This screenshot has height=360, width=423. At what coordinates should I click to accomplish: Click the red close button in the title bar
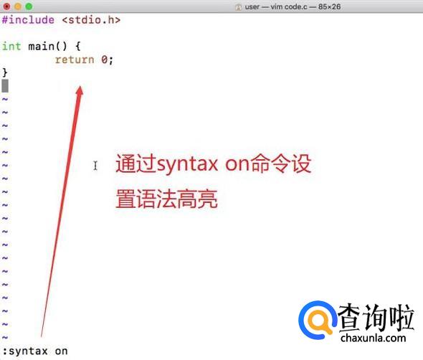point(6,6)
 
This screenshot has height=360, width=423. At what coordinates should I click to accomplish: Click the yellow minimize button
point(18,6)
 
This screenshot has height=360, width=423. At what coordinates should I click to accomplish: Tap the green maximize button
point(29,6)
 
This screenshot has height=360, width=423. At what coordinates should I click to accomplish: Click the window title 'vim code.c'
point(289,6)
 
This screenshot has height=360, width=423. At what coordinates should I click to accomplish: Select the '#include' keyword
point(28,20)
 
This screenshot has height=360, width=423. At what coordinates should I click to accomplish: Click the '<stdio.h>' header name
point(92,20)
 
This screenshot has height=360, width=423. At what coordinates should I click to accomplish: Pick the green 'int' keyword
point(11,46)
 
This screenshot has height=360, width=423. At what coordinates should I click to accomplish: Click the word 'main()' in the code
point(47,46)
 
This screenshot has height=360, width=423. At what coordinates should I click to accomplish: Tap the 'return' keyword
point(75,60)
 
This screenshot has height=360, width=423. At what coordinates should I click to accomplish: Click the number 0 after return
point(105,60)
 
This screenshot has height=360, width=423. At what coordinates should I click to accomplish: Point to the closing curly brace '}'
point(5,72)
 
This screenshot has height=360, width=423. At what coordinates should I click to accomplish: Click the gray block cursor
point(5,86)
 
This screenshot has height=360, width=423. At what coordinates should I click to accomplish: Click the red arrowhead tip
point(80,86)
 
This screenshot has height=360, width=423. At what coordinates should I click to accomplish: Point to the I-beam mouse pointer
point(95,166)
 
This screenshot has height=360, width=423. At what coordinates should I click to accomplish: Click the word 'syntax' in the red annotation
point(188,165)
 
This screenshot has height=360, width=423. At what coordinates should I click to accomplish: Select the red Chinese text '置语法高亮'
point(167,199)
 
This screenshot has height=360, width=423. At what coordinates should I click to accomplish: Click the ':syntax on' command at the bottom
point(35,351)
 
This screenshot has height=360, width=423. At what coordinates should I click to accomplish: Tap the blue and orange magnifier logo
point(318,320)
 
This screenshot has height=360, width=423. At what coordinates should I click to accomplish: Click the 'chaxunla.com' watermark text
point(373,338)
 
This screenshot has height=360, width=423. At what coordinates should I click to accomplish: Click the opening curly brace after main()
point(78,46)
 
